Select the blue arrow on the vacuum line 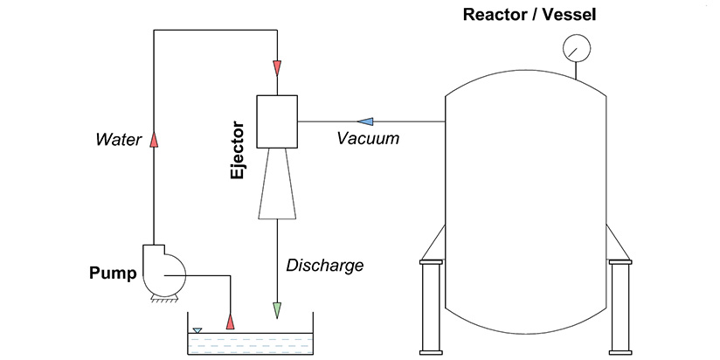tap(367, 121)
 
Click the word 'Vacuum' tap(370, 138)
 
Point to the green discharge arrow tap(277, 308)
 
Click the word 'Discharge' tap(325, 264)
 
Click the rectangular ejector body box tap(277, 121)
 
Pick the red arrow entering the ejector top tap(277, 67)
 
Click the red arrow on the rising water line tap(154, 138)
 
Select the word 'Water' tap(118, 138)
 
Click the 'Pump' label tap(113, 273)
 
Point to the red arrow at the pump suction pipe tap(231, 321)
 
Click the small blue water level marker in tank tap(197, 330)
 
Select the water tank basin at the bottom tap(251, 343)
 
